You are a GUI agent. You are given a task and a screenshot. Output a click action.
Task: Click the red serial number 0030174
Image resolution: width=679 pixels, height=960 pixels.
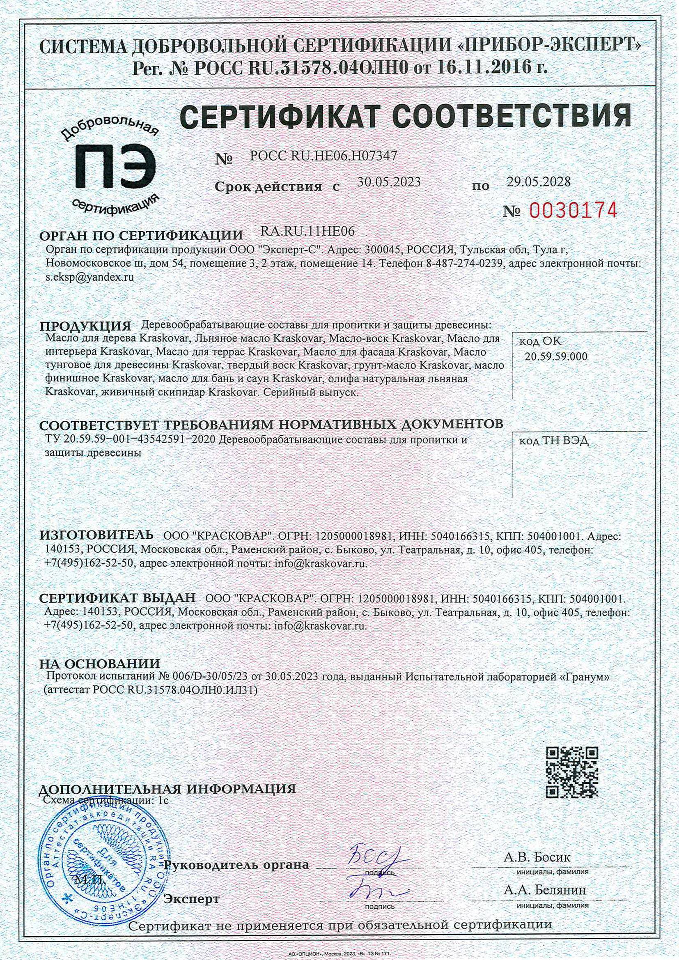pyautogui.click(x=573, y=210)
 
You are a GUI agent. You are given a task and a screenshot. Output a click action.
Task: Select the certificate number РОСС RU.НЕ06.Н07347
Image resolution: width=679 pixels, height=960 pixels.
pyautogui.click(x=323, y=156)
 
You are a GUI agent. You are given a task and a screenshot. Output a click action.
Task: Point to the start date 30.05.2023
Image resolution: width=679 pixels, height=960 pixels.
pyautogui.click(x=389, y=182)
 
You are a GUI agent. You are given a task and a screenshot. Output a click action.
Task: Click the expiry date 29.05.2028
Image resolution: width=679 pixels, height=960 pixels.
pyautogui.click(x=539, y=181)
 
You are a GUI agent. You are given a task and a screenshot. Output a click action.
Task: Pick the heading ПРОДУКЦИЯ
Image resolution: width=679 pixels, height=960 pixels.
pyautogui.click(x=85, y=326)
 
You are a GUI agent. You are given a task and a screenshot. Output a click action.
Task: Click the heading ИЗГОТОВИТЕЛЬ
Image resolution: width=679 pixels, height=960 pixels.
pyautogui.click(x=96, y=534)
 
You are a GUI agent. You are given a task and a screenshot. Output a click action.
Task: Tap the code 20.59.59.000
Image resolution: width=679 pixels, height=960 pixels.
pyautogui.click(x=556, y=356)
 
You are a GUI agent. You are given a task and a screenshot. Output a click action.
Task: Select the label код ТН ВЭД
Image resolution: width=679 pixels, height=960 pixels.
pyautogui.click(x=554, y=441)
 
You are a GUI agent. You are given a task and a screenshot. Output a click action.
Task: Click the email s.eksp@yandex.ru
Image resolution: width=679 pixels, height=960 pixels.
pyautogui.click(x=90, y=277)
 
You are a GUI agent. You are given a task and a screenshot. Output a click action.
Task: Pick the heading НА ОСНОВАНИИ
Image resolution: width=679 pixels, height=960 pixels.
pyautogui.click(x=99, y=664)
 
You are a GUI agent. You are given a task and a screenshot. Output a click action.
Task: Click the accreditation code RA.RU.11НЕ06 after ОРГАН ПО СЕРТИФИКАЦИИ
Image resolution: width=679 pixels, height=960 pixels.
pyautogui.click(x=307, y=231)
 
